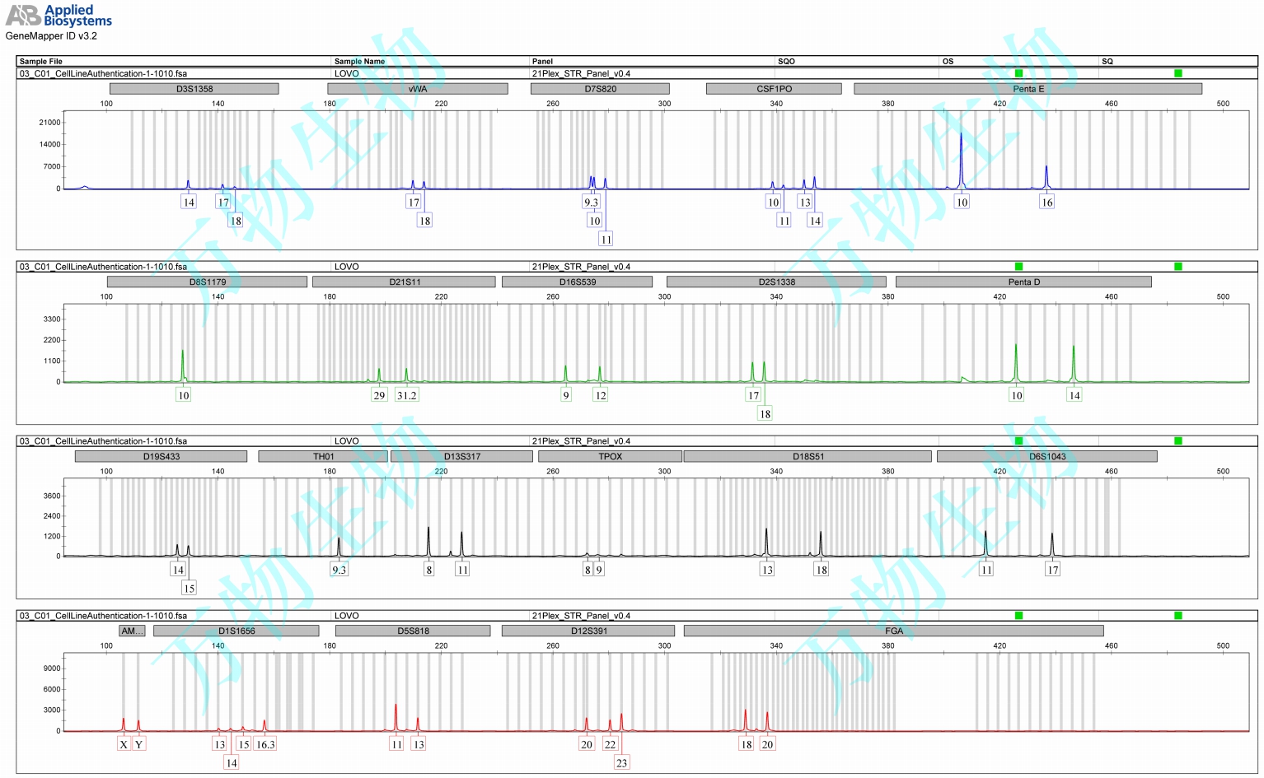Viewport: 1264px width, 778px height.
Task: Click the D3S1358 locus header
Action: click(194, 89)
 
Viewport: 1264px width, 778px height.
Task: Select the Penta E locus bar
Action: click(1028, 89)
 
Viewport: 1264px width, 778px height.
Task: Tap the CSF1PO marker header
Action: click(774, 89)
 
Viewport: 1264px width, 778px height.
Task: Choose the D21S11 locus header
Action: click(404, 282)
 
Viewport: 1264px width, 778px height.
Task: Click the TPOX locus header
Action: click(610, 456)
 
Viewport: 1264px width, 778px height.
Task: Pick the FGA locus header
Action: click(893, 631)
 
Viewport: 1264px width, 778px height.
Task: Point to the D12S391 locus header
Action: click(588, 631)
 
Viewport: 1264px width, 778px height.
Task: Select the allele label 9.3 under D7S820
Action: click(591, 203)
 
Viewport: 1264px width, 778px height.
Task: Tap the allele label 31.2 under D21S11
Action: click(406, 395)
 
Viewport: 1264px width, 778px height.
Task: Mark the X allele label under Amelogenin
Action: click(124, 744)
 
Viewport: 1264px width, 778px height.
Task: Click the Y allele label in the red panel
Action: click(138, 744)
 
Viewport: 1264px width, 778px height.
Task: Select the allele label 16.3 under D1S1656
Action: click(265, 744)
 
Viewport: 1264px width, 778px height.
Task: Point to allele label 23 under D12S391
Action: click(621, 763)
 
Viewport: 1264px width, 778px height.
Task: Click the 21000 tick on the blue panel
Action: click(49, 123)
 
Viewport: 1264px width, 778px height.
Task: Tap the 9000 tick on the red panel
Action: click(52, 669)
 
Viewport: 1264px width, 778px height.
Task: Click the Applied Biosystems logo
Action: click(59, 15)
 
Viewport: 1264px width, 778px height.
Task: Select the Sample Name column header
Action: click(359, 61)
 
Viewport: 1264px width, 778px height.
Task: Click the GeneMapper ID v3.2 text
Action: click(51, 36)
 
